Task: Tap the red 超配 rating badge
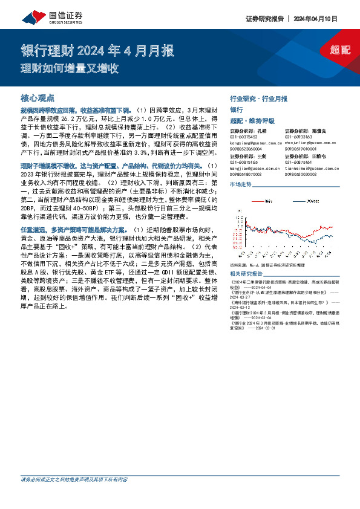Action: [340, 50]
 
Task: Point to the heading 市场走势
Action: [241, 184]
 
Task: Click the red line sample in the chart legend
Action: [257, 198]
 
